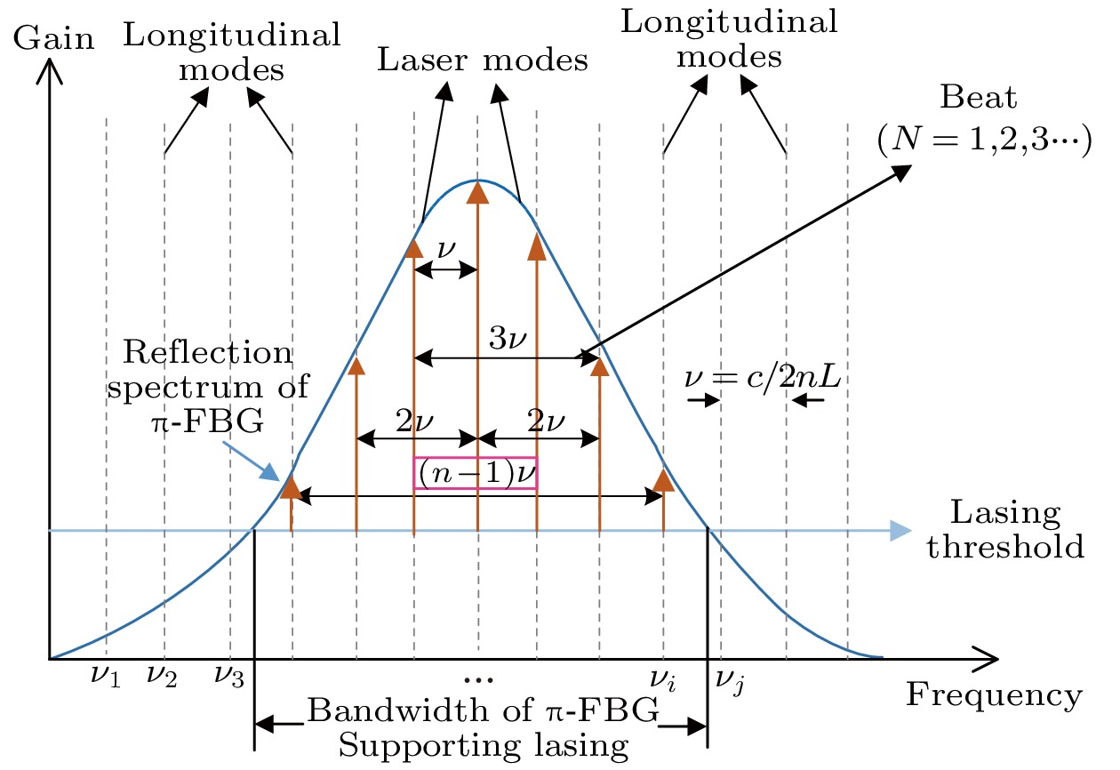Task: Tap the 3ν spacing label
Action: point(508,338)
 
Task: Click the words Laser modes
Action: point(483,60)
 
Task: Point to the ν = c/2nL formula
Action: point(764,379)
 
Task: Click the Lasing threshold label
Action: point(1004,530)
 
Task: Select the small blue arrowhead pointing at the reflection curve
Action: point(268,473)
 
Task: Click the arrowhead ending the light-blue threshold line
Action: point(901,531)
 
